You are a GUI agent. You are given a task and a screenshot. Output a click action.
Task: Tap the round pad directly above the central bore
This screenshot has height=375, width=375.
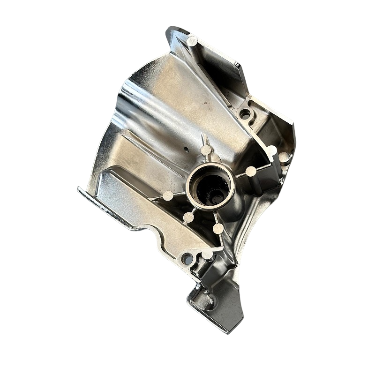click(206, 150)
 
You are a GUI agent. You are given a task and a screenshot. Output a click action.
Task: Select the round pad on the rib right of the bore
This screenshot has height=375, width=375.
click(251, 172)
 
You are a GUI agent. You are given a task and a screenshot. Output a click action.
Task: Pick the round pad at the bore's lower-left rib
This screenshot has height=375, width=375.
click(188, 217)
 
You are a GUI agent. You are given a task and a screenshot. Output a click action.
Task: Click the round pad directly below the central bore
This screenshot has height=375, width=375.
click(218, 228)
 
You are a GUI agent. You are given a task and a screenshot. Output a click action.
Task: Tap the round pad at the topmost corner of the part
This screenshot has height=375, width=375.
click(191, 40)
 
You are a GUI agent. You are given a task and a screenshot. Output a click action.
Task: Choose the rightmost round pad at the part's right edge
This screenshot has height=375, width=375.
click(284, 158)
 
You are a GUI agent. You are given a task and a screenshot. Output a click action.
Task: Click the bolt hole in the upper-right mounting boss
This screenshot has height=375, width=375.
click(245, 114)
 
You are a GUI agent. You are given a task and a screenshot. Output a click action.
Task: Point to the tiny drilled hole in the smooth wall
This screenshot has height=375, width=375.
click(186, 150)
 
